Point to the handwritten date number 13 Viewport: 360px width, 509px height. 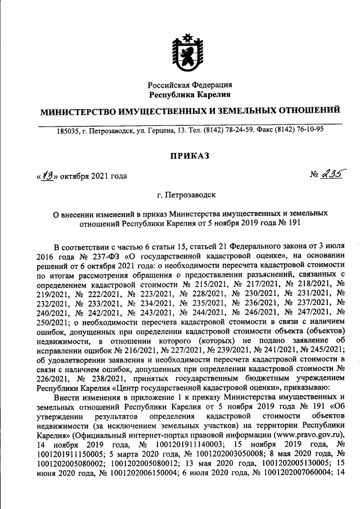coord(46,175)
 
